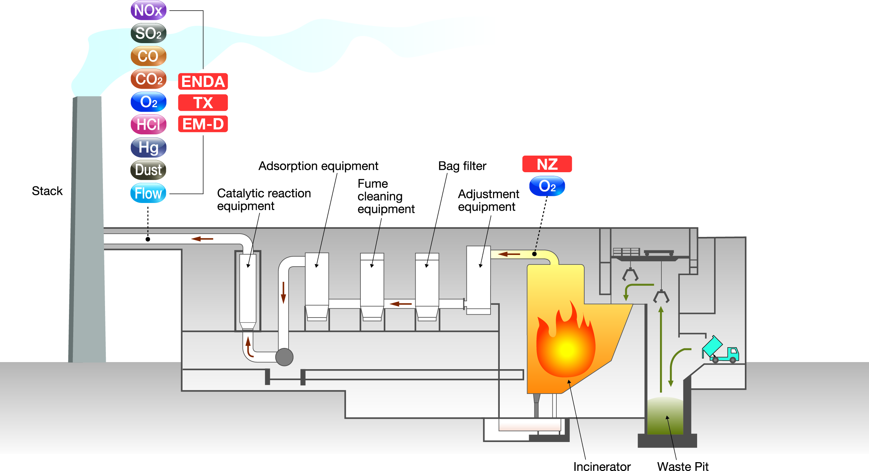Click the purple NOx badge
[x=149, y=10]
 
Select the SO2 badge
[x=149, y=33]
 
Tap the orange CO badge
[x=149, y=56]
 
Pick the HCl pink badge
[x=149, y=124]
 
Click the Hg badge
[x=149, y=147]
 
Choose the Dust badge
[x=149, y=170]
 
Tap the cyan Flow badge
[x=149, y=193]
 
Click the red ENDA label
[x=203, y=82]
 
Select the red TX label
[x=203, y=103]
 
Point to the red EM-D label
[x=203, y=124]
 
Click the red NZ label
[x=547, y=164]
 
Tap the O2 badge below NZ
[x=547, y=186]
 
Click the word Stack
[x=47, y=191]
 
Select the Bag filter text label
[x=462, y=166]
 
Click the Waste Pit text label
[x=683, y=466]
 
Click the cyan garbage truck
[x=720, y=350]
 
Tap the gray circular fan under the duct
[x=284, y=357]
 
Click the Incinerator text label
[x=602, y=466]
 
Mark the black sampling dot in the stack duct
[x=148, y=239]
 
